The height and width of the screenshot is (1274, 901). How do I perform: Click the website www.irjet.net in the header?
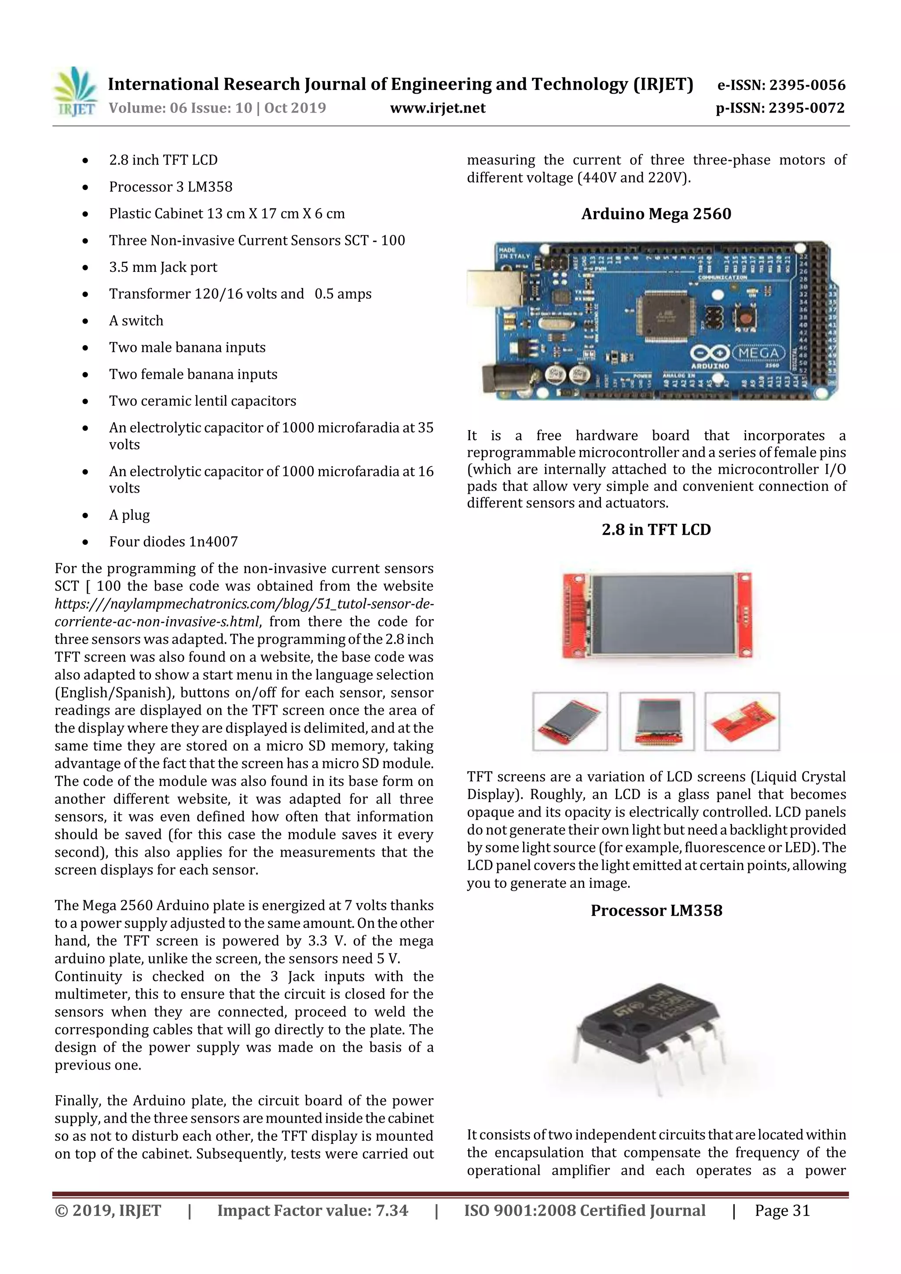[437, 108]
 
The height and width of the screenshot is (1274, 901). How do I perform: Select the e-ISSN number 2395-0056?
[807, 85]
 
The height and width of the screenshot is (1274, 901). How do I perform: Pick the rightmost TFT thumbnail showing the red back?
[742, 721]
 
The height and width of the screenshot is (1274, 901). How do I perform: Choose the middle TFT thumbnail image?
[657, 721]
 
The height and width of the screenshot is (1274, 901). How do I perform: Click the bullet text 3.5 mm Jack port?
[163, 267]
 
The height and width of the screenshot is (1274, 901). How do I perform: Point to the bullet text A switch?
[136, 321]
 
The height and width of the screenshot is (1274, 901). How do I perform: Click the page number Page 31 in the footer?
[782, 1211]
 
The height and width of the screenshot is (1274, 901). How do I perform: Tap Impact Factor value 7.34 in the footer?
[312, 1211]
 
